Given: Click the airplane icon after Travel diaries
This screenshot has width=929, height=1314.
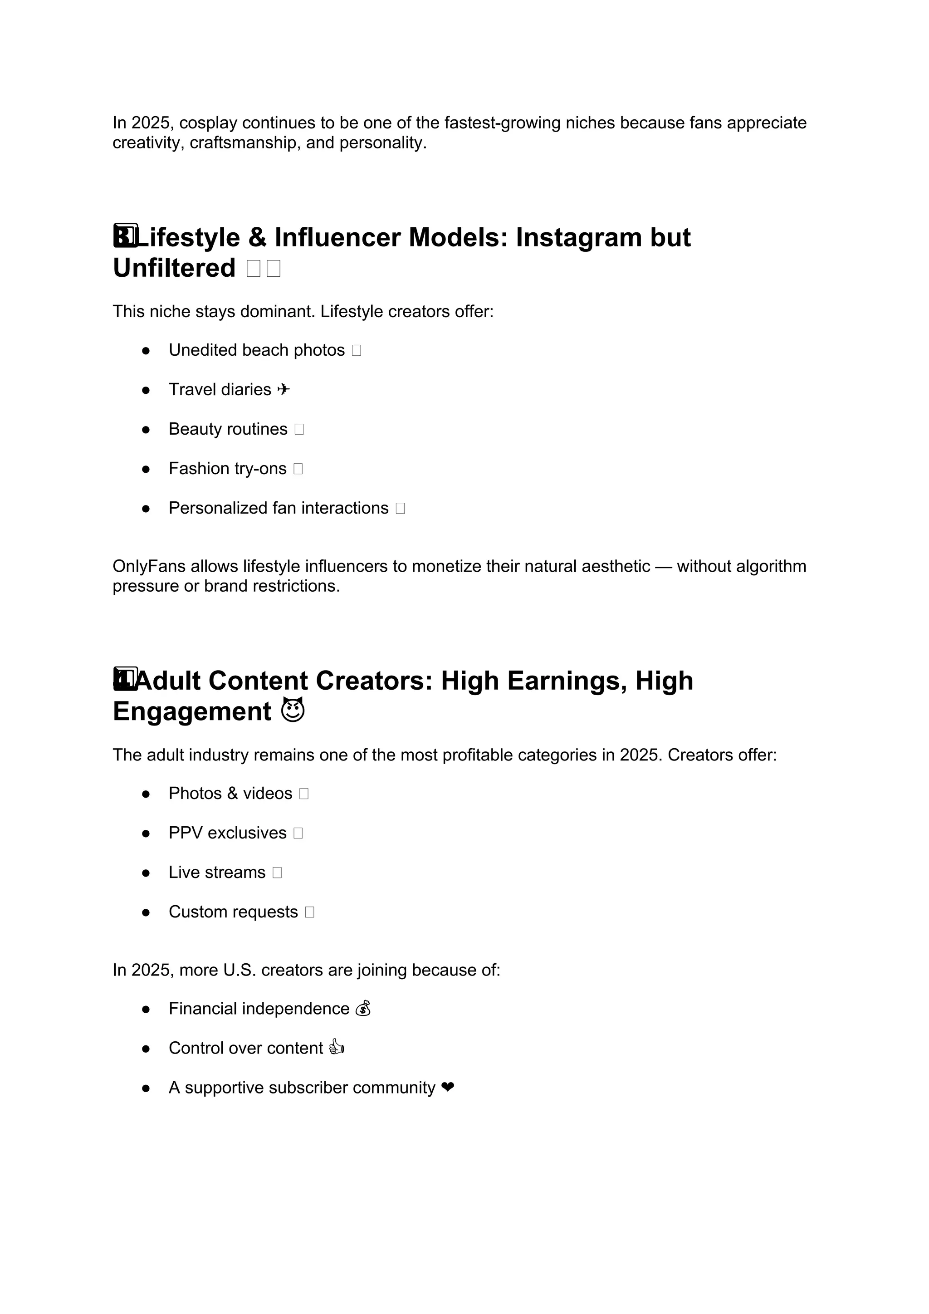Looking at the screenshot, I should [x=283, y=390].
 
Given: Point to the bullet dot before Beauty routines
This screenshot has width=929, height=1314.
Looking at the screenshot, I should [x=146, y=429].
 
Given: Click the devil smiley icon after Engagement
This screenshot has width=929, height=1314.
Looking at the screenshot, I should [x=293, y=711].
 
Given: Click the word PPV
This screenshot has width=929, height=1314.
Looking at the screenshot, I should [x=186, y=833].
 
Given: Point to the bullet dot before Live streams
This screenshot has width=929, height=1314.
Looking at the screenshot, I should [x=146, y=873].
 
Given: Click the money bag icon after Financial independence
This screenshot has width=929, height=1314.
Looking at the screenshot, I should [x=363, y=1009].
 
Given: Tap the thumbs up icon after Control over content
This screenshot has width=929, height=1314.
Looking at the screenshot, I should [x=337, y=1049].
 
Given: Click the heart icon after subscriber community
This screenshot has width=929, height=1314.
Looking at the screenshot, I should [x=448, y=1088].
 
